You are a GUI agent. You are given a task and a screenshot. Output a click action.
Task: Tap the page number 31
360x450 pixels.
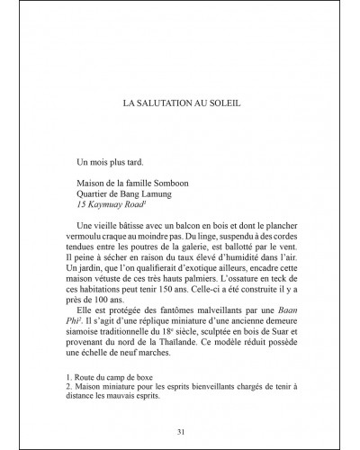[180, 431]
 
